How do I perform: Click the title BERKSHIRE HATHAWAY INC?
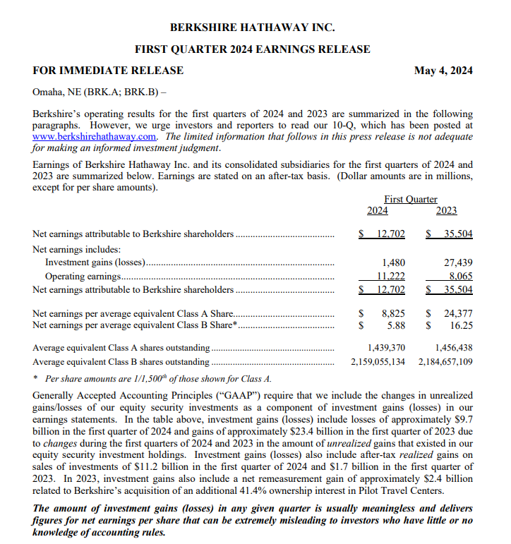point(252,28)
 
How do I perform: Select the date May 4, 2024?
point(443,71)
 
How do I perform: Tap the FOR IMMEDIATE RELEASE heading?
point(108,71)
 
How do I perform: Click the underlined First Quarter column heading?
point(410,200)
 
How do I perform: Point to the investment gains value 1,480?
point(393,262)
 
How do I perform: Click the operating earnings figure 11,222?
point(390,277)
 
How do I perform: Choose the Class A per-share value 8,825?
point(393,313)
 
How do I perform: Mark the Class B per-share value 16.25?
point(461,325)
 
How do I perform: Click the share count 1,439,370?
point(386,348)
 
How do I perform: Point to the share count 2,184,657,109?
point(445,361)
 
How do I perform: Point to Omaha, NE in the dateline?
point(57,92)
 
